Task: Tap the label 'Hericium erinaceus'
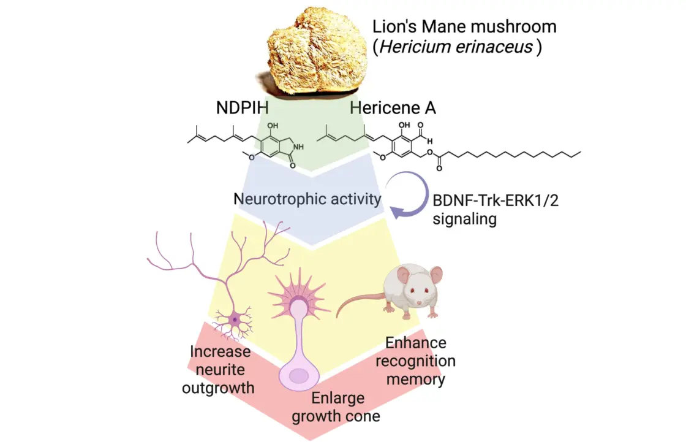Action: (456, 47)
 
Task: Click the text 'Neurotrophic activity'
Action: (307, 199)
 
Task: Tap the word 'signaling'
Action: (464, 218)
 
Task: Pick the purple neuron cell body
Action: (235, 319)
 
